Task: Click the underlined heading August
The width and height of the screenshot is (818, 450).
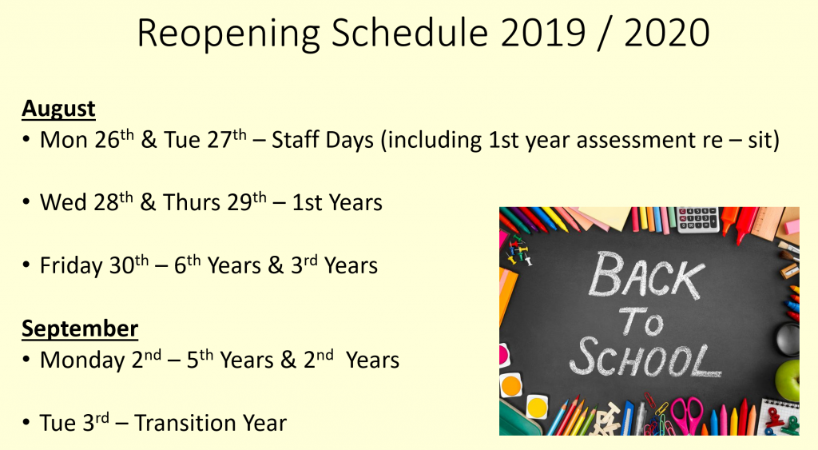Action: [58, 110]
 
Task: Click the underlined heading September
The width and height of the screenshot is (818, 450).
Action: [80, 329]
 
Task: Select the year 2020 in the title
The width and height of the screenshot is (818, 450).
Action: [666, 33]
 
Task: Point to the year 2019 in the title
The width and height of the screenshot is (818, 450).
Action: [542, 33]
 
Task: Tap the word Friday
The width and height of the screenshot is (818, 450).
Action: [71, 265]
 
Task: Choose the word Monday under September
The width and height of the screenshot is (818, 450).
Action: [82, 360]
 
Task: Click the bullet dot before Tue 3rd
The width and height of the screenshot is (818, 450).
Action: [26, 422]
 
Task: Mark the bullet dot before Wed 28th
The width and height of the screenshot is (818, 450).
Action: [26, 201]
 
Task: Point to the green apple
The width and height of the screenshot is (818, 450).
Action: [788, 379]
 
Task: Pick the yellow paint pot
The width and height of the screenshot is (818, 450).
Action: [537, 406]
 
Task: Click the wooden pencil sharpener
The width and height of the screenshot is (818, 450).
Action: [789, 271]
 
